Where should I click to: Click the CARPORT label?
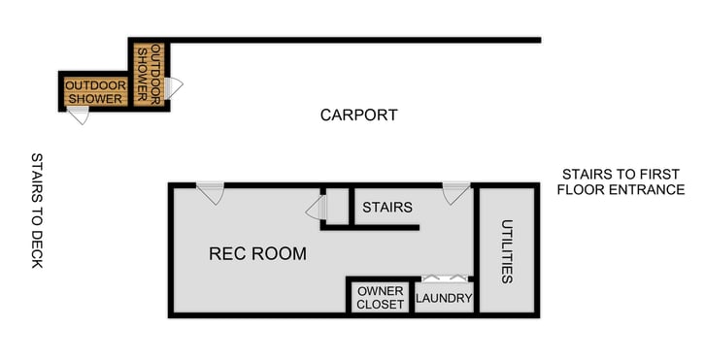tap(358, 115)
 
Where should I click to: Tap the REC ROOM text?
tap(257, 254)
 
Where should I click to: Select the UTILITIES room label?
tap(506, 251)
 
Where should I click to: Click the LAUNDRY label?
tap(444, 298)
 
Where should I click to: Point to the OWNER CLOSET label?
tap(381, 298)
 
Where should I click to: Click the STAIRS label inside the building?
tap(386, 207)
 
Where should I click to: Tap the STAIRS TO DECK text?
tap(37, 210)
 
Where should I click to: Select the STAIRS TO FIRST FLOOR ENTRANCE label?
tap(620, 181)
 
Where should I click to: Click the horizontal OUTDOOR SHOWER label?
tap(94, 92)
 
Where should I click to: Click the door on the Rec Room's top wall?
tap(211, 192)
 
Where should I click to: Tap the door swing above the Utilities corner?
tap(454, 192)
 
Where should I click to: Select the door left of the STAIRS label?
tap(317, 208)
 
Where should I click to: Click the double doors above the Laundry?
tap(444, 278)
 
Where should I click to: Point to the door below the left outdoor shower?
tap(79, 115)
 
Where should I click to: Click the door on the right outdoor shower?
tap(174, 87)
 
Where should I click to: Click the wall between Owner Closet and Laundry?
tap(412, 296)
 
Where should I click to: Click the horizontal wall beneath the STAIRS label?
tap(384, 228)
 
